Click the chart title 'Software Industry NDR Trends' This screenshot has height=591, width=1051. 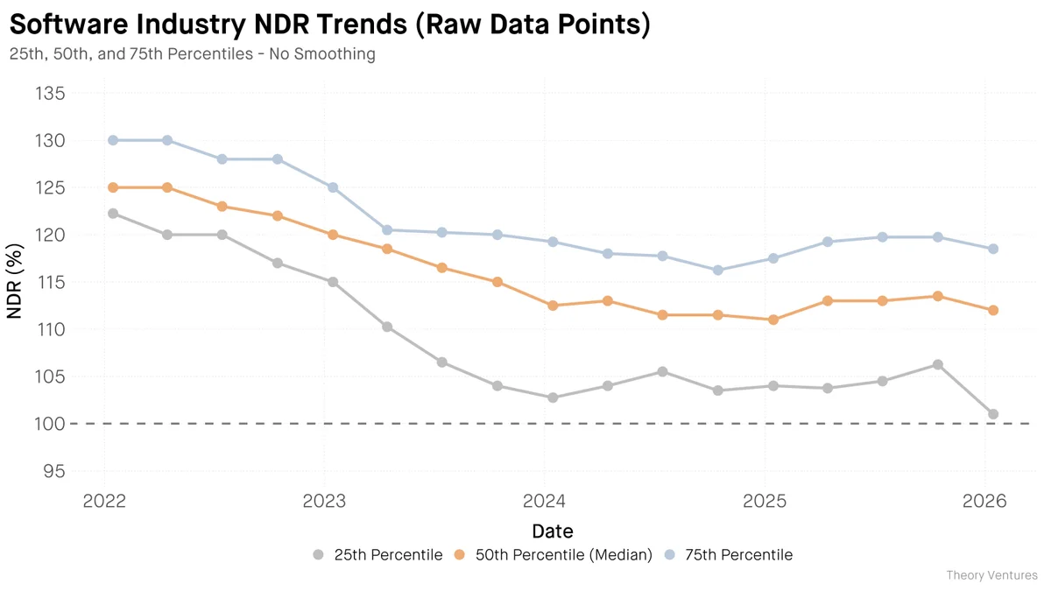329,25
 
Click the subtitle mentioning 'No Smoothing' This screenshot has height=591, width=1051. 192,54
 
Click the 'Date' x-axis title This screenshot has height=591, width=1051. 553,531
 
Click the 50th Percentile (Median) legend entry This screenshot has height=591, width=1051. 554,555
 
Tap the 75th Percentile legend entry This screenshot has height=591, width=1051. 728,555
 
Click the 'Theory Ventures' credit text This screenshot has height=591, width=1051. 991,575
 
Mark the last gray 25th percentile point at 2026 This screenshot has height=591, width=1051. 993,414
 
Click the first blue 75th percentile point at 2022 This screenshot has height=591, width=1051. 113,140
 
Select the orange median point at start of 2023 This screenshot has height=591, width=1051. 333,235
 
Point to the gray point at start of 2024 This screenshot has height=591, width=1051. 553,398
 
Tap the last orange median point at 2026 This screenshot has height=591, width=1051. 993,310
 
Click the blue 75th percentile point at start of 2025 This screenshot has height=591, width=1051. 773,258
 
